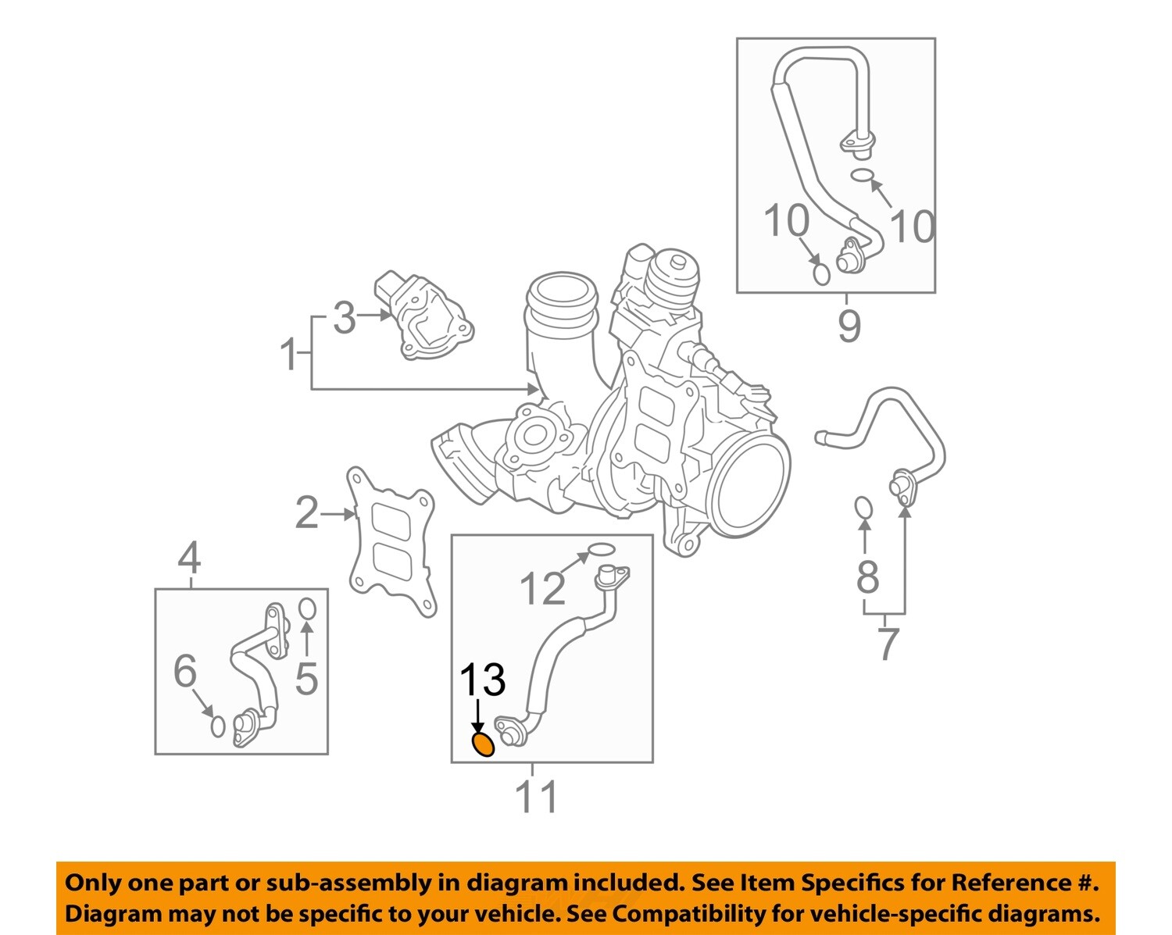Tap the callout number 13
482,680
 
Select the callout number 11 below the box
537,797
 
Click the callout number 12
541,588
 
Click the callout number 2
307,513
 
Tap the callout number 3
344,318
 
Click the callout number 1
289,355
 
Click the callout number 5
306,678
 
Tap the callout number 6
185,671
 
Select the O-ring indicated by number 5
307,608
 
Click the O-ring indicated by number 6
218,726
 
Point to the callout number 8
867,577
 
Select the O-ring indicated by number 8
863,508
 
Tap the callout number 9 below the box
849,326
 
